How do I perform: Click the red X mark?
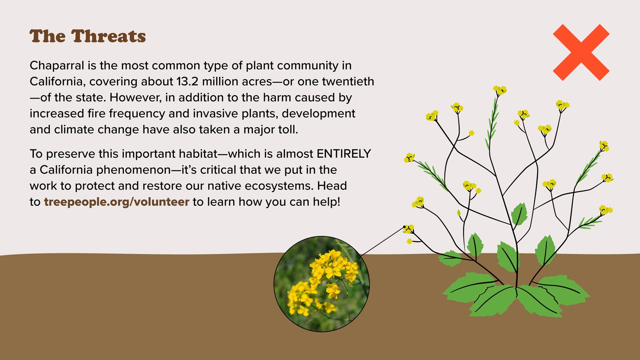point(581,52)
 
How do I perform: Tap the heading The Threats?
point(88,36)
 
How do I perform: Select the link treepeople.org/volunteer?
point(116,202)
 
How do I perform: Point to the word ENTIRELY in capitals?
point(344,154)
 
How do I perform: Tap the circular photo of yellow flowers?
point(322,284)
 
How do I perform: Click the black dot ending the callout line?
point(404,227)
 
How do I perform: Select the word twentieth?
point(348,82)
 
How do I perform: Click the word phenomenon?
point(133,170)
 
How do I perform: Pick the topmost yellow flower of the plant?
point(500,90)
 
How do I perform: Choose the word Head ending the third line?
point(332,186)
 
